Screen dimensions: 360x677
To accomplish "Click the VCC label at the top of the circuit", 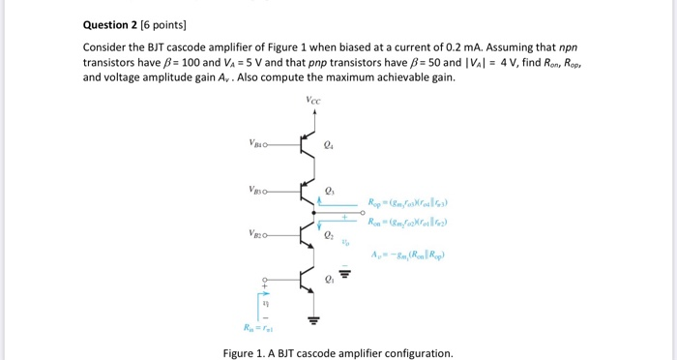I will pos(311,100).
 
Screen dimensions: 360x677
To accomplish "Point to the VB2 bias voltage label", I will pos(255,232).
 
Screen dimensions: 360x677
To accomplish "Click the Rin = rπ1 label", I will pos(266,328).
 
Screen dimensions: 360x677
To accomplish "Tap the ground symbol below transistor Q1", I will pos(312,320).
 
